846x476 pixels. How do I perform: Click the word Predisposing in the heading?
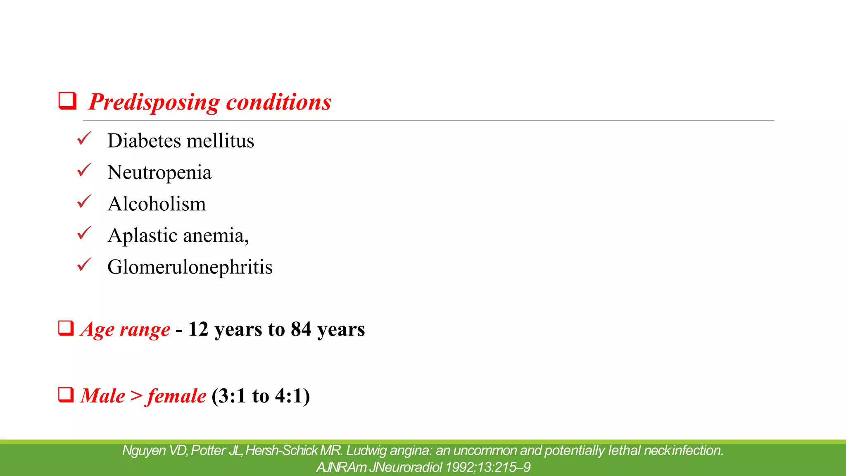click(154, 102)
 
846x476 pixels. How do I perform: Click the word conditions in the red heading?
click(279, 102)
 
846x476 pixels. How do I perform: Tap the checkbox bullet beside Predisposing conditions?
click(67, 100)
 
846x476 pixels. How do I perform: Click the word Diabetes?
click(144, 140)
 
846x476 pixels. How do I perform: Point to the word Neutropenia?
click(159, 172)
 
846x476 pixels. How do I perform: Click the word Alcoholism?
click(157, 204)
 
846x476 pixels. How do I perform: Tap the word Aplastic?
click(143, 236)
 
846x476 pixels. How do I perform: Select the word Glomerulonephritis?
click(190, 267)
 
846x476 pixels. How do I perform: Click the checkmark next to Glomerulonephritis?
click(84, 264)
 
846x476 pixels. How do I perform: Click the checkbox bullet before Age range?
click(66, 328)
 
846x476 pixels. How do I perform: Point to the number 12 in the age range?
click(198, 329)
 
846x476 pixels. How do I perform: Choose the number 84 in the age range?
click(301, 329)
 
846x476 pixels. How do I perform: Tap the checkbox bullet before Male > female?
click(66, 395)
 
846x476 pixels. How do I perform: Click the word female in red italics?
click(176, 396)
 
